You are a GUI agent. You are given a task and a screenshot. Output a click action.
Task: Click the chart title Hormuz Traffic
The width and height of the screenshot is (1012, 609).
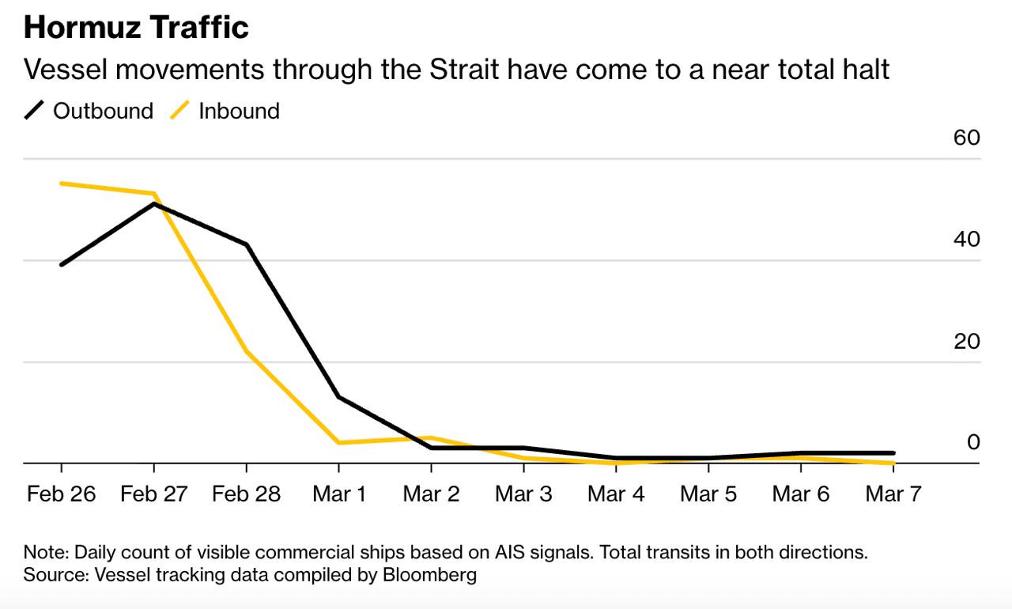(x=136, y=28)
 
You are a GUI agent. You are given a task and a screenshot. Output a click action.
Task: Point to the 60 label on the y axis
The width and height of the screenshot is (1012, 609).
(x=966, y=138)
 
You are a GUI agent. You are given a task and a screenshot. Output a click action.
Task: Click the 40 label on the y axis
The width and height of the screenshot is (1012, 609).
(x=966, y=239)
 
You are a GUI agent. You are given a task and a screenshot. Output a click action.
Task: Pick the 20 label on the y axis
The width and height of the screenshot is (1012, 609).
(x=966, y=341)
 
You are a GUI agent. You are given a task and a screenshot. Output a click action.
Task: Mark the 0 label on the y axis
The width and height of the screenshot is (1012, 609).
(x=973, y=442)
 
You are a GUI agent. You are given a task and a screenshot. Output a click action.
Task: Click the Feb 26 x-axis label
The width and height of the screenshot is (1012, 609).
(x=61, y=494)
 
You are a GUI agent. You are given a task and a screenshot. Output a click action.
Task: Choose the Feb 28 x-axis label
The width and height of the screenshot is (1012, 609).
(x=246, y=494)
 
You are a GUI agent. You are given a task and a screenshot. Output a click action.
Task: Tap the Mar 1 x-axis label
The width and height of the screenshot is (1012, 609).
(x=338, y=494)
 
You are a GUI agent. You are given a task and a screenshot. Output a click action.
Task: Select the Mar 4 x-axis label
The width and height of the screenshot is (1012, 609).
(x=616, y=494)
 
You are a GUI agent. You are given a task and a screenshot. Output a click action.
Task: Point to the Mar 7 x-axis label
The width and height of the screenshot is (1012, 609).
(x=893, y=494)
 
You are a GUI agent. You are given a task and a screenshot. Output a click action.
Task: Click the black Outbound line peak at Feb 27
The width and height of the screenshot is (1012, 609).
(x=153, y=204)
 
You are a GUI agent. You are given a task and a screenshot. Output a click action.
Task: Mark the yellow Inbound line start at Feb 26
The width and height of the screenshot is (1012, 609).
(x=62, y=183)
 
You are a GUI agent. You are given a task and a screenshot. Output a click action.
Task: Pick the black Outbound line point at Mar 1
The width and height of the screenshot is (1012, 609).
(x=338, y=396)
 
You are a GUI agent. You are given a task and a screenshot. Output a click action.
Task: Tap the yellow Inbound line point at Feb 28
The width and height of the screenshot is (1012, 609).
(x=246, y=350)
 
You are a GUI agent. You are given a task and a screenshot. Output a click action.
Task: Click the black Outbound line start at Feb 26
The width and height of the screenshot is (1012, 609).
(x=62, y=264)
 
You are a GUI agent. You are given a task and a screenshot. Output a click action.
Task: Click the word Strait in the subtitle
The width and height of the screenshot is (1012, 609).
(x=463, y=70)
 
